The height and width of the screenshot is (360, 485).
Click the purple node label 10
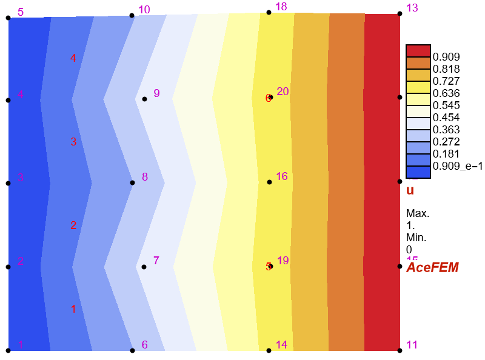(144, 9)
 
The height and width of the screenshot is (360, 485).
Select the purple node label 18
(281, 6)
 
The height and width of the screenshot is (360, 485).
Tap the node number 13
(412, 8)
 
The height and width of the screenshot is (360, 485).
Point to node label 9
(156, 93)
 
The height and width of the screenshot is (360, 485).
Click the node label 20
(283, 92)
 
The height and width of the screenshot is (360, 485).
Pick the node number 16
(282, 176)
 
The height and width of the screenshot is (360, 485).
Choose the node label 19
(283, 260)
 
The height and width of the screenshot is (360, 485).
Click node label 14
(281, 345)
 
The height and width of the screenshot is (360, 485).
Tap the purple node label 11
(412, 345)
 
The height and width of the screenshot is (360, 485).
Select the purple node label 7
(156, 261)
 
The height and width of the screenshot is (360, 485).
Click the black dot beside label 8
(132, 182)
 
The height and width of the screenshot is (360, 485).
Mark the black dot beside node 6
(132, 350)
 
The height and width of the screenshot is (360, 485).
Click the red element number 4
(73, 58)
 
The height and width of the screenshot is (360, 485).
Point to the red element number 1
(73, 309)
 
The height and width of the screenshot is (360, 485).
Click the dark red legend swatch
(418, 50)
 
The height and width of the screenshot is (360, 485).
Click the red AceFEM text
(432, 267)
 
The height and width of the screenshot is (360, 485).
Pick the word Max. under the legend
(418, 213)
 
